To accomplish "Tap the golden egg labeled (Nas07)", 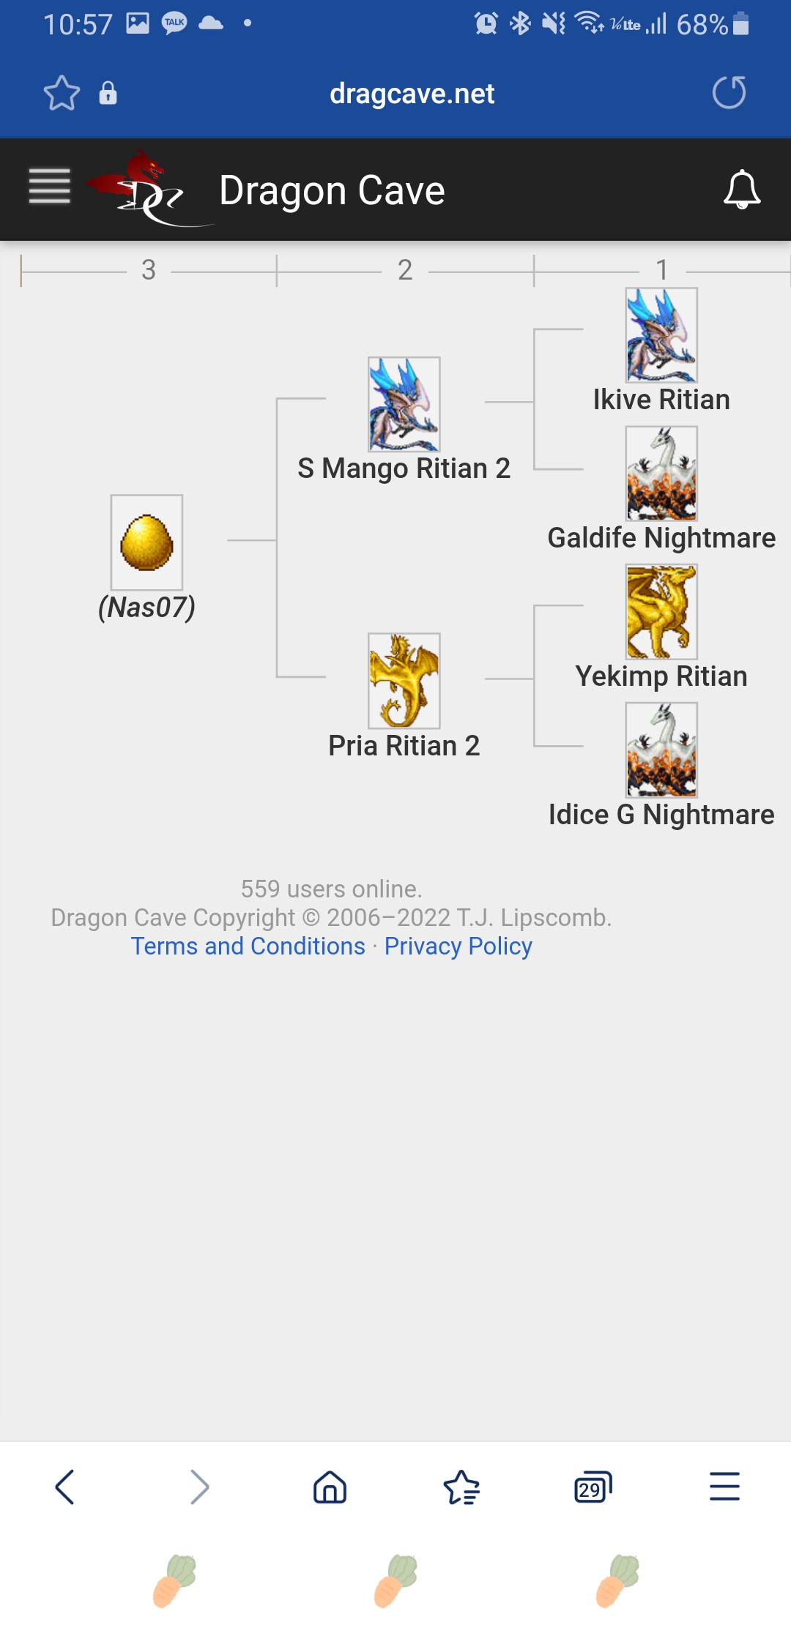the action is pyautogui.click(x=146, y=542).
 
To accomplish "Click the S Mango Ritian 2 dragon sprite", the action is pyautogui.click(x=404, y=404).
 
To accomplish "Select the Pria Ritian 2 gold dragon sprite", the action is pyautogui.click(x=404, y=681).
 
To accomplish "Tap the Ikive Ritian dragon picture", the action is pyautogui.click(x=661, y=335).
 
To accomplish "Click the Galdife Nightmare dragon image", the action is pyautogui.click(x=661, y=474).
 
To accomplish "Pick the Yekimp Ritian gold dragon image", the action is pyautogui.click(x=661, y=612).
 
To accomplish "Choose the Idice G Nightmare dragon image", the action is pyautogui.click(x=661, y=750).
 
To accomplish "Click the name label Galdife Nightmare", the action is pyautogui.click(x=661, y=538).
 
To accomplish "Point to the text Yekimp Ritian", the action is pyautogui.click(x=661, y=676).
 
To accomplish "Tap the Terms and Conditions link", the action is pyautogui.click(x=248, y=946).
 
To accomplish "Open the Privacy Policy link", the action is pyautogui.click(x=458, y=946).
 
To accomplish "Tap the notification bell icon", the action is pyautogui.click(x=742, y=190).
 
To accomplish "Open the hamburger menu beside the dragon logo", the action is pyautogui.click(x=50, y=187).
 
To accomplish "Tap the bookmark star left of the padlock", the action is pyautogui.click(x=62, y=93).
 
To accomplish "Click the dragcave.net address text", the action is pyautogui.click(x=412, y=94).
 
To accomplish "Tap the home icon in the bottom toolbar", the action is pyautogui.click(x=330, y=1487).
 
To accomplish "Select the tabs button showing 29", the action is pyautogui.click(x=593, y=1487).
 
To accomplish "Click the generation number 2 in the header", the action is pyautogui.click(x=405, y=270).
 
